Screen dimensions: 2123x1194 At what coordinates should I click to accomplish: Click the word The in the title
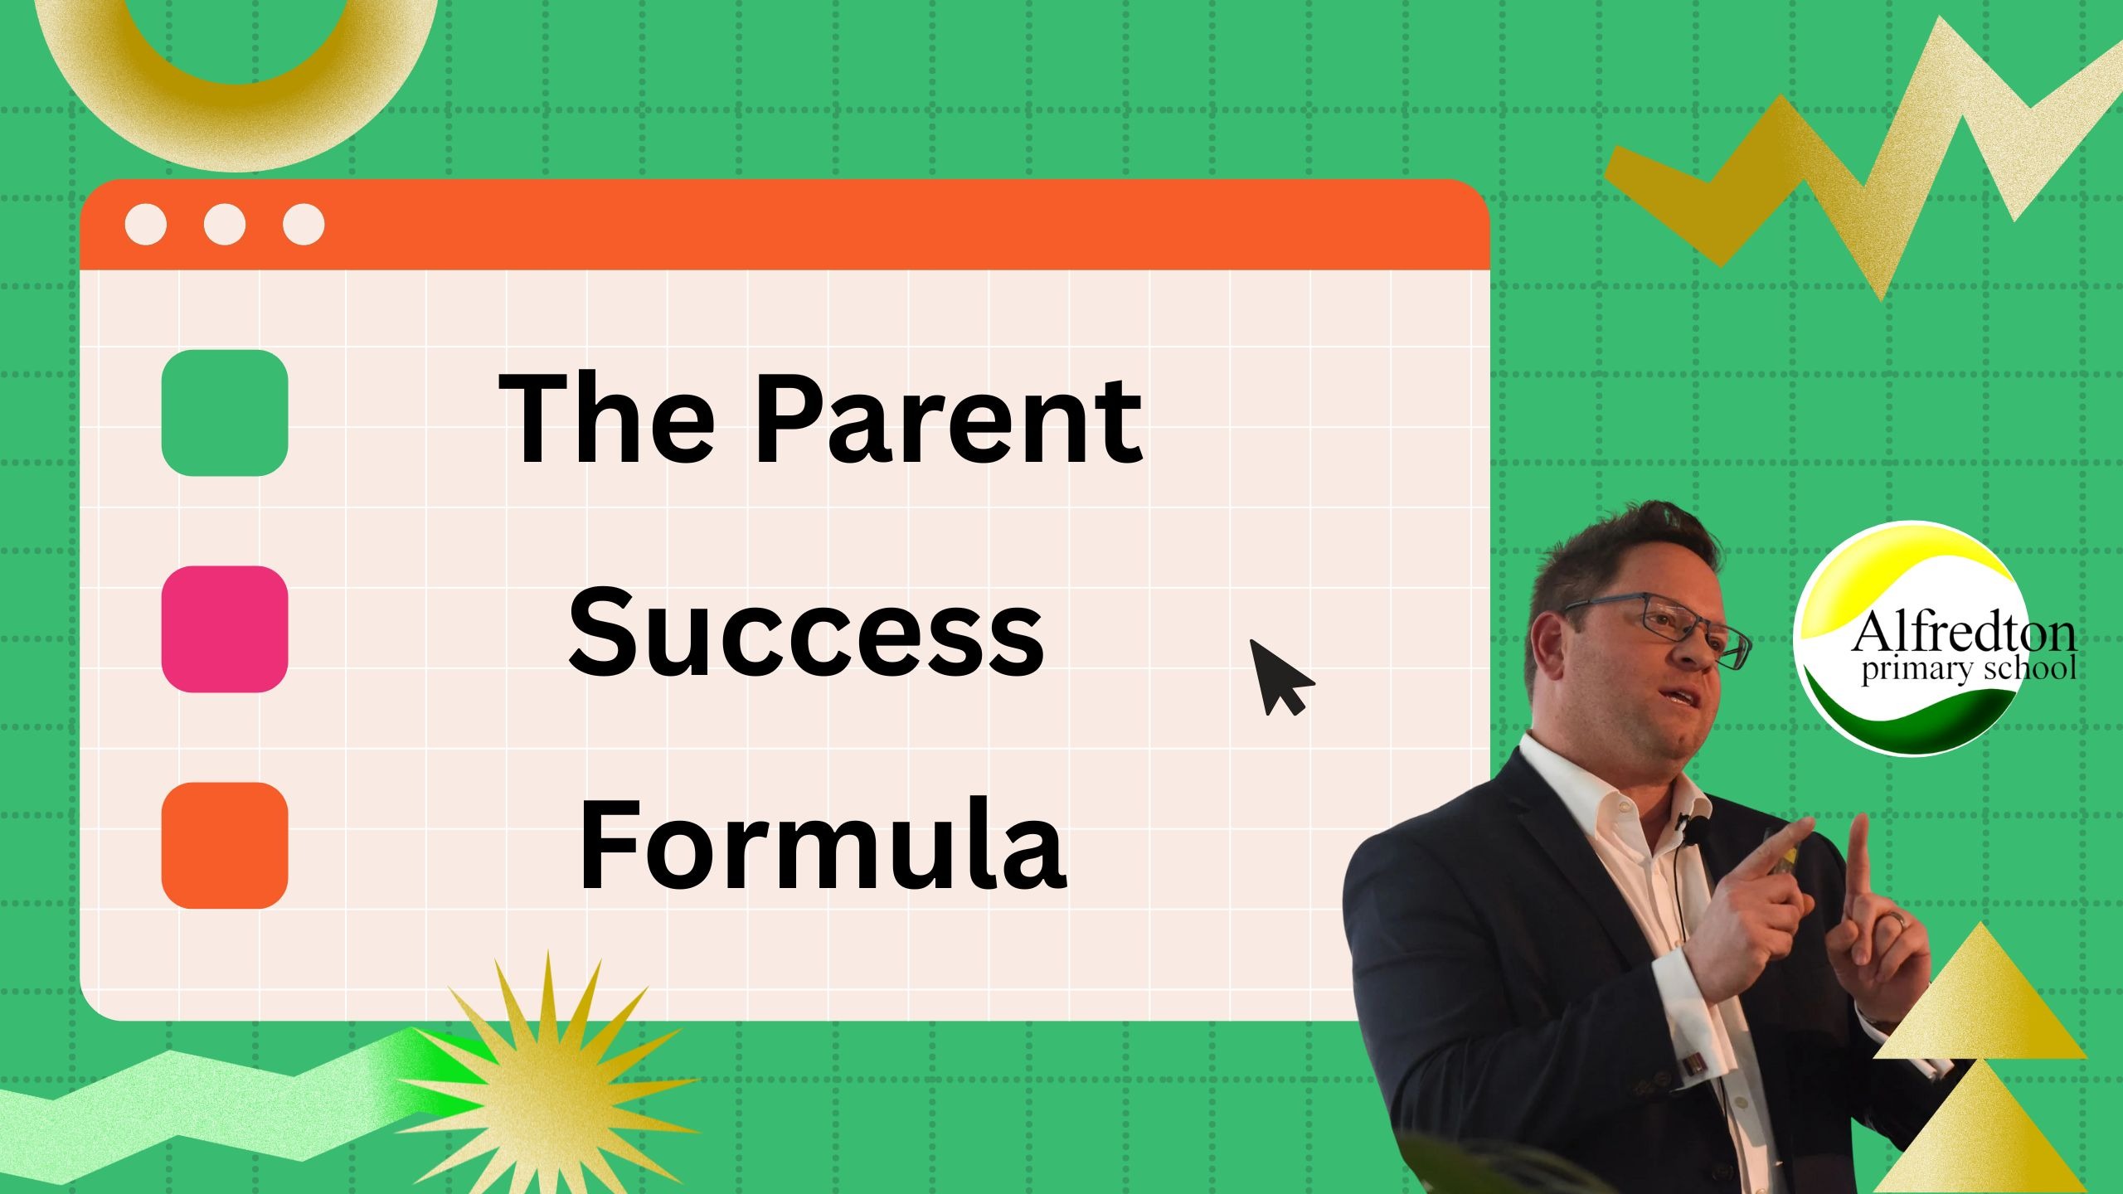click(x=606, y=419)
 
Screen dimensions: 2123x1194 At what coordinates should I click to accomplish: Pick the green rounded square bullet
click(x=225, y=413)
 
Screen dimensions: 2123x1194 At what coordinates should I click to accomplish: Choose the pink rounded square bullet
click(x=225, y=629)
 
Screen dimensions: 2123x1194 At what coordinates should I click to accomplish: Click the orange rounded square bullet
click(x=225, y=846)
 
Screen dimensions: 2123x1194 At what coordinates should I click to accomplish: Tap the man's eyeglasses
click(x=1667, y=627)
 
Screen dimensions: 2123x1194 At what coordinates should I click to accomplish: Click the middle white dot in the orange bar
click(x=224, y=225)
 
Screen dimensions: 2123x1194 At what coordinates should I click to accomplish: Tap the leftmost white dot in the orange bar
click(x=145, y=225)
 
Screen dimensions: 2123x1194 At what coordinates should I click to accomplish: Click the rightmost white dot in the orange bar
click(x=304, y=225)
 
